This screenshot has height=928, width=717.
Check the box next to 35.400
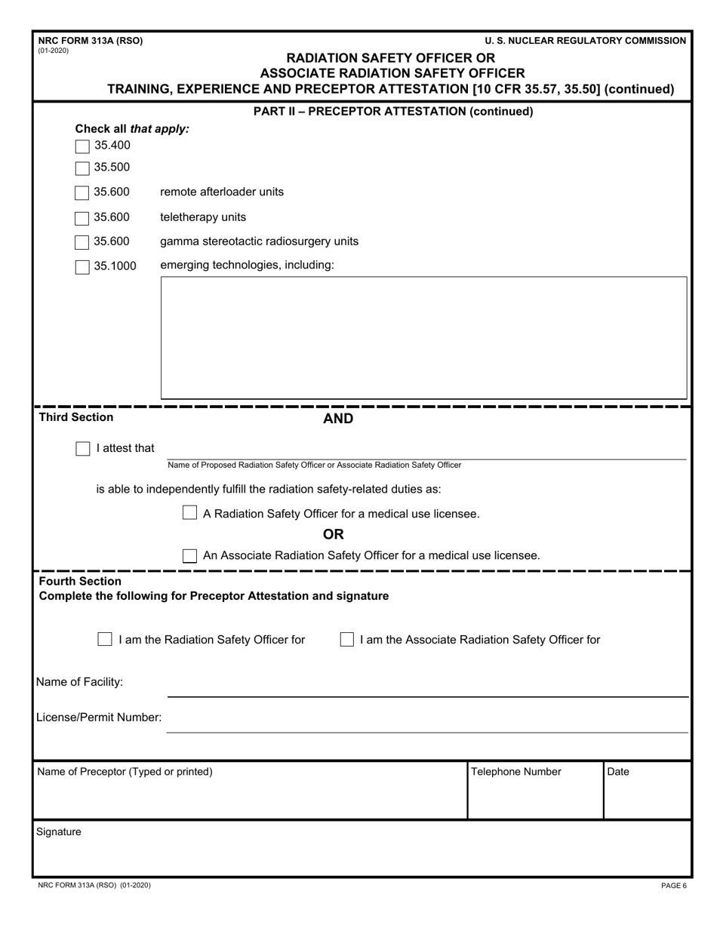(82, 146)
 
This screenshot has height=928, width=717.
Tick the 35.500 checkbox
(82, 167)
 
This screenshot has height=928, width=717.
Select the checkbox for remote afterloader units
(82, 192)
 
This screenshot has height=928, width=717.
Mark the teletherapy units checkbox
(82, 218)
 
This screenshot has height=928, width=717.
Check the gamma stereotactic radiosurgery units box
(82, 242)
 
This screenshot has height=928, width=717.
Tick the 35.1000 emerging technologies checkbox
(82, 266)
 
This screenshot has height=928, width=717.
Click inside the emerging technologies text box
(423, 337)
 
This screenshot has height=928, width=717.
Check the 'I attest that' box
(82, 449)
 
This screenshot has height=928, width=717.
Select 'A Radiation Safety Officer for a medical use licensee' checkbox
(190, 514)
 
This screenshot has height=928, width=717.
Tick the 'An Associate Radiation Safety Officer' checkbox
(190, 555)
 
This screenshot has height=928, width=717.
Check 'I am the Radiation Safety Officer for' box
(105, 640)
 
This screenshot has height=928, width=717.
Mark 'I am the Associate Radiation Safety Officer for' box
(346, 640)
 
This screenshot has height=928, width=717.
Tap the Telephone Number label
(515, 772)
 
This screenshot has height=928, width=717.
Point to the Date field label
(617, 772)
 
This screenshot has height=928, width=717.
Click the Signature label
(59, 832)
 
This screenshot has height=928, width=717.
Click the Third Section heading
(76, 417)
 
